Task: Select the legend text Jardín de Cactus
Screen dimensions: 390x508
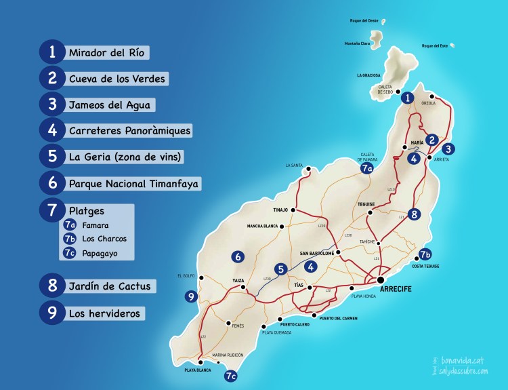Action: pos(109,286)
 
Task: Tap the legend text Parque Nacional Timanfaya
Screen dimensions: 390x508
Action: pos(134,183)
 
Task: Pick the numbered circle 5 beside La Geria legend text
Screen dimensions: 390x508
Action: pos(52,156)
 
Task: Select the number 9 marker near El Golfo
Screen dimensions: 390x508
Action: pos(191,296)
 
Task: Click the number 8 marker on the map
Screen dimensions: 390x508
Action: pos(415,214)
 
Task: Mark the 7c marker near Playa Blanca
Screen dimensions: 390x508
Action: pos(231,375)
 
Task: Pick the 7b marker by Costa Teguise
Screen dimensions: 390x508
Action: pos(425,255)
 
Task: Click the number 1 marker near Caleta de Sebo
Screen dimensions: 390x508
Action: pos(407,98)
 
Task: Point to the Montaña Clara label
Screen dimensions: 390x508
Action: pos(357,44)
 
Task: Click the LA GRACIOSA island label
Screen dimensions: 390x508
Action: pos(368,75)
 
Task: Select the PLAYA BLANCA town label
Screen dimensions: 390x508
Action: pos(198,371)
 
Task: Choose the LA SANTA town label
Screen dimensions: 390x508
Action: pos(294,165)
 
